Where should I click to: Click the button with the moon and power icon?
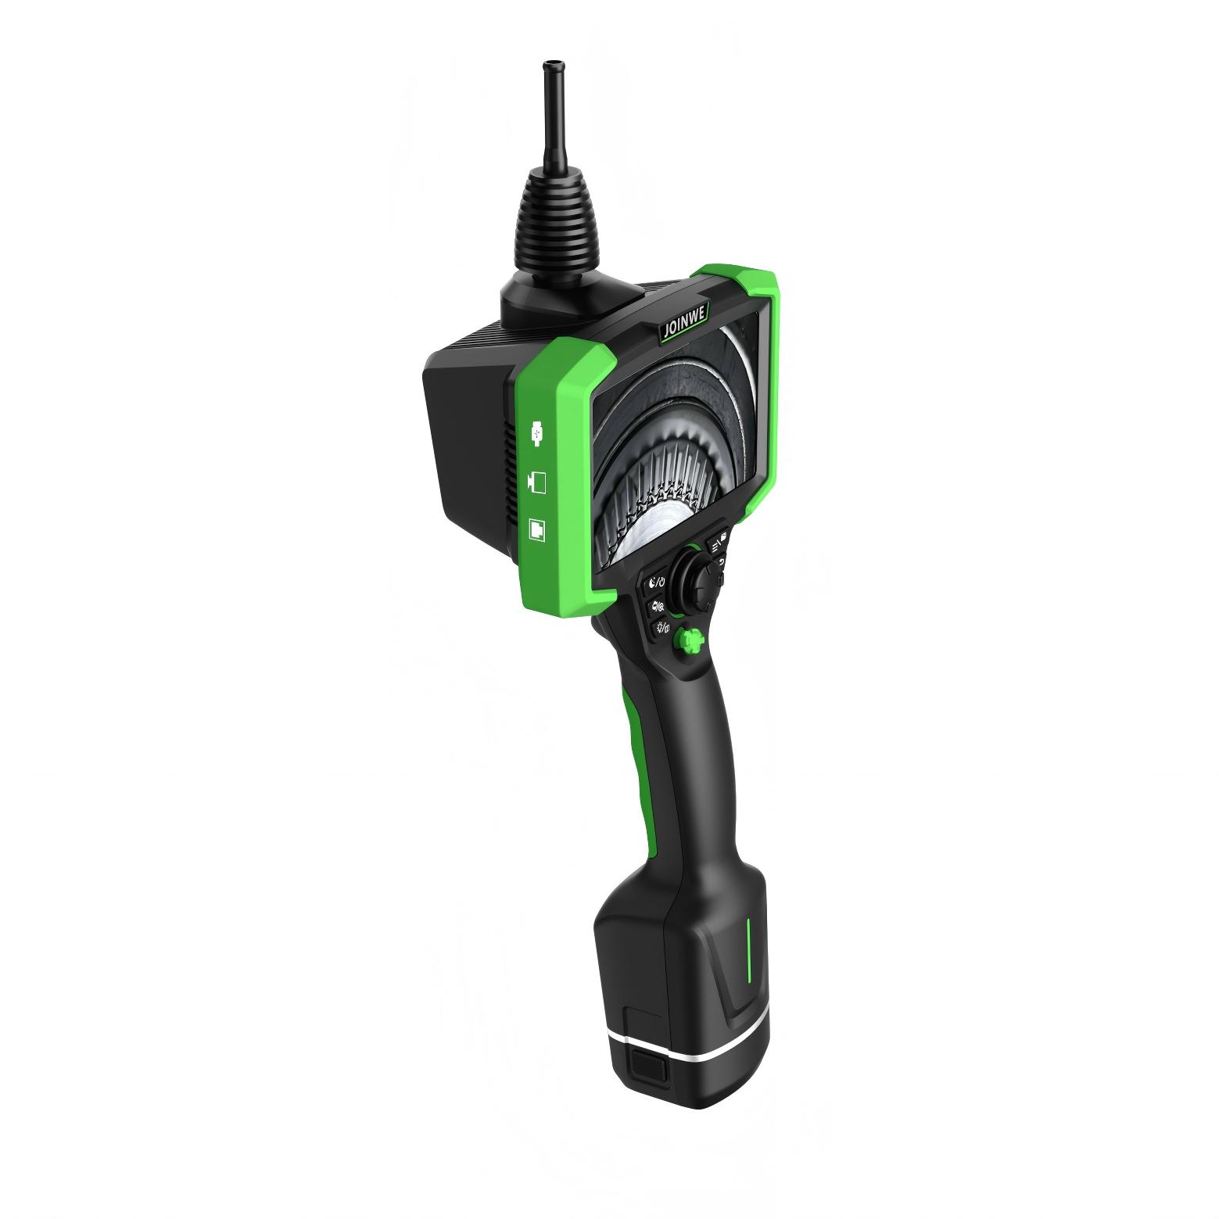(x=654, y=582)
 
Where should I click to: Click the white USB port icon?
(x=536, y=433)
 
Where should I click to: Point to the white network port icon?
(x=537, y=528)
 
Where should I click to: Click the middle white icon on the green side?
(x=537, y=481)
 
